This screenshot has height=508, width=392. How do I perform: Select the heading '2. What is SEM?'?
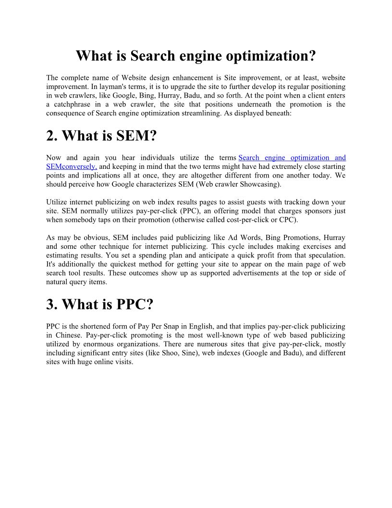[101, 136]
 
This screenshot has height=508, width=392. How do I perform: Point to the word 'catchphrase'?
[74, 104]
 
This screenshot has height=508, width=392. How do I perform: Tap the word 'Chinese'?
[67, 335]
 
